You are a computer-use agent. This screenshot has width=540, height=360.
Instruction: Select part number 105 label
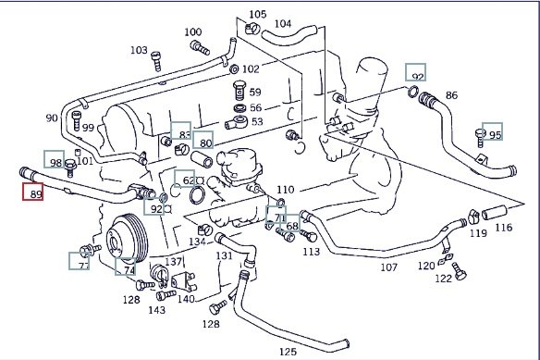(x=258, y=15)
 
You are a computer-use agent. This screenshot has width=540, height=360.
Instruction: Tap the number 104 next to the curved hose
(x=283, y=24)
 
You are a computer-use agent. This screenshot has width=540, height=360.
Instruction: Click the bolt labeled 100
(x=200, y=47)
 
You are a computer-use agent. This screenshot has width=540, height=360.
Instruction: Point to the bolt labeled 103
(x=156, y=61)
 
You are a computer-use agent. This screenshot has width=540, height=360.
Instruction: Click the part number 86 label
(x=451, y=94)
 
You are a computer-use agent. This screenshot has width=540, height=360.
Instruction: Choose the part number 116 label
(x=504, y=228)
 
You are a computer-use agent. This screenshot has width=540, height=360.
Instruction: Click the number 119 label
(x=478, y=233)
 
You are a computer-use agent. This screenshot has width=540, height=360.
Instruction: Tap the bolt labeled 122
(x=459, y=271)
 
